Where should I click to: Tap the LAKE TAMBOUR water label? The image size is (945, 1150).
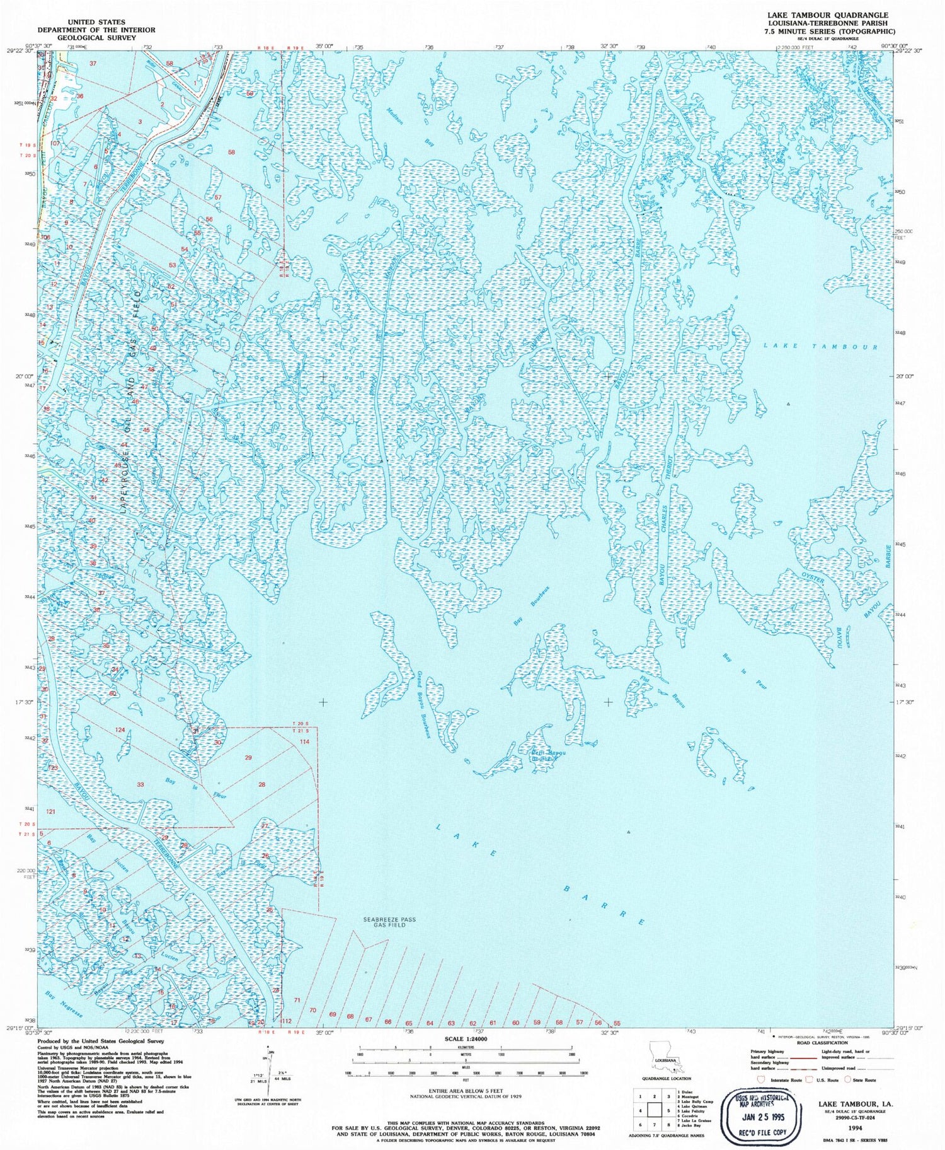click(x=820, y=346)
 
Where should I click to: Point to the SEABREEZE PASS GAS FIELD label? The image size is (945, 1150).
click(x=389, y=922)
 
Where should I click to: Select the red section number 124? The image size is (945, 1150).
click(x=120, y=729)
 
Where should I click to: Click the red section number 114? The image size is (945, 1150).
click(x=304, y=741)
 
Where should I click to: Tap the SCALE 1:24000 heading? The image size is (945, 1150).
click(x=466, y=1038)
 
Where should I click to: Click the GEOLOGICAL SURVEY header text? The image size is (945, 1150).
click(x=96, y=38)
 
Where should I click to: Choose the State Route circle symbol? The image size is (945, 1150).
click(x=849, y=1080)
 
